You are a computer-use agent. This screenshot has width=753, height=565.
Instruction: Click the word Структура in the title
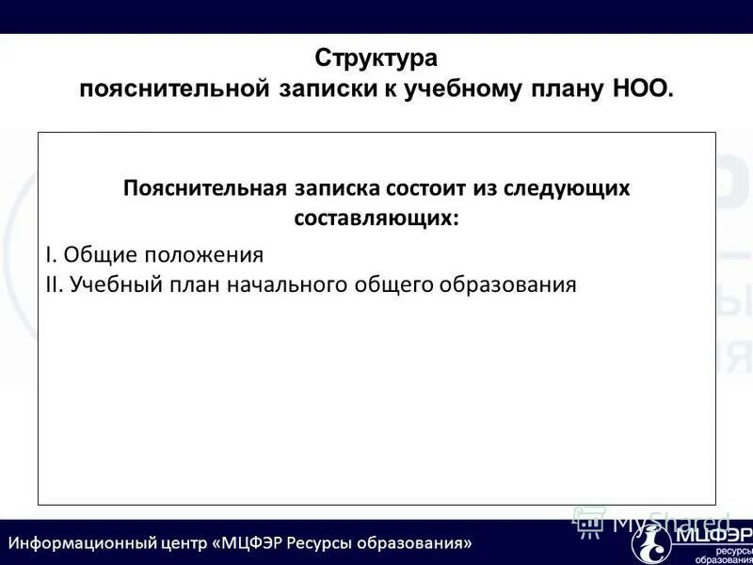click(376, 58)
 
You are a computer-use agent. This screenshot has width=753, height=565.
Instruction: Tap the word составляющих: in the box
click(376, 218)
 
